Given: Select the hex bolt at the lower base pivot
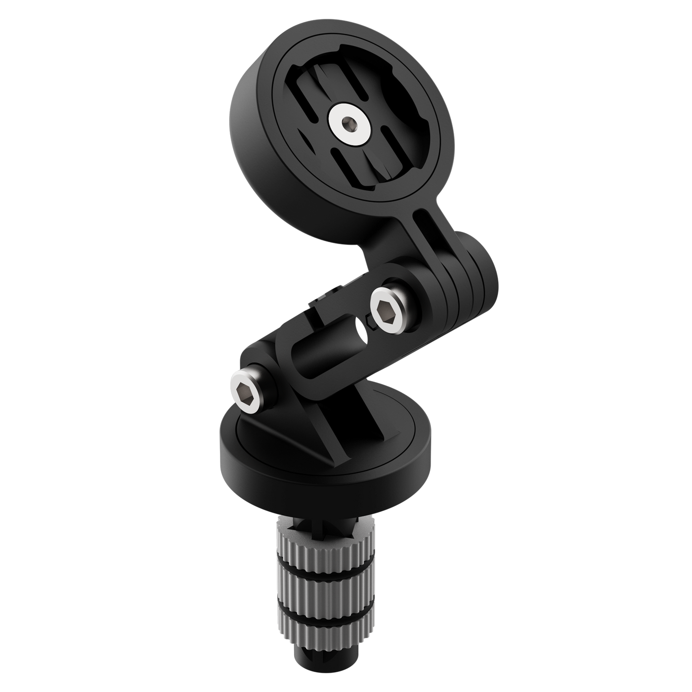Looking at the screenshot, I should pos(247,385).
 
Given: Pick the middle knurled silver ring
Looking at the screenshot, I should pos(323,593).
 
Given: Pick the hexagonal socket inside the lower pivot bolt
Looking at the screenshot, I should pos(246,386).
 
